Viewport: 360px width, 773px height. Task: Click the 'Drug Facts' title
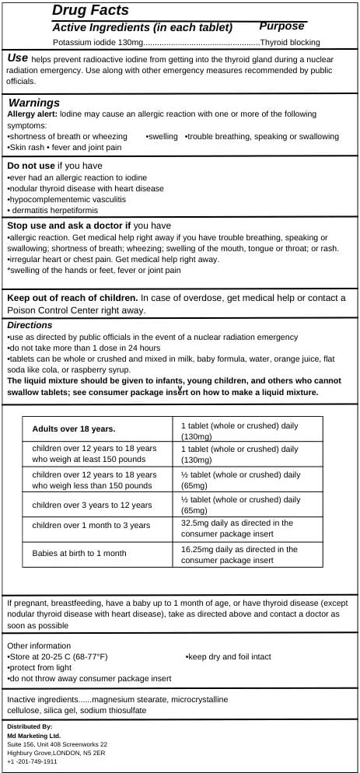tap(90, 11)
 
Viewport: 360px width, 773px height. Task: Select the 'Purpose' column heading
tap(281, 26)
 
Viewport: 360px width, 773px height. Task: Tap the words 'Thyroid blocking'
tap(290, 42)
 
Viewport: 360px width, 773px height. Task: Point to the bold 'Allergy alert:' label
tap(32, 114)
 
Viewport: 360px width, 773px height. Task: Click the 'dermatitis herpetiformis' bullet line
tap(53, 210)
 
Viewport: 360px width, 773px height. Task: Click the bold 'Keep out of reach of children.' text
tap(73, 298)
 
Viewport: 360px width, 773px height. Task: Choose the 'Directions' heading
tap(30, 325)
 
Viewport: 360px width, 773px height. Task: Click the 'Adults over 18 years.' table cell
tap(74, 428)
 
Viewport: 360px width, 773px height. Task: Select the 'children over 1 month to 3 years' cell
tap(91, 525)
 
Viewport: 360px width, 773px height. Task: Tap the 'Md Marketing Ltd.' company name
tap(33, 735)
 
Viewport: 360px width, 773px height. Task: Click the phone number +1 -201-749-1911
tap(32, 761)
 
